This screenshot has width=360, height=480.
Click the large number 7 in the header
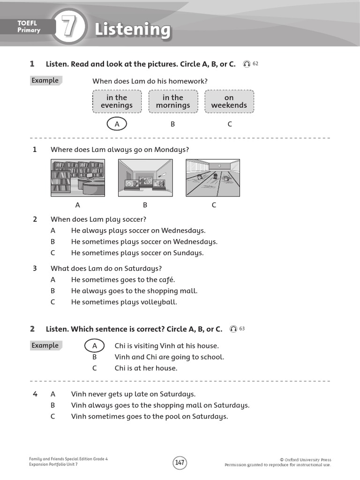(x=69, y=28)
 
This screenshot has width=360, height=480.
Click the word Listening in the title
(x=133, y=29)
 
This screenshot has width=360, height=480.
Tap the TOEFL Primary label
(x=29, y=27)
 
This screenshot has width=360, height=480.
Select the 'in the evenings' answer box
(x=117, y=101)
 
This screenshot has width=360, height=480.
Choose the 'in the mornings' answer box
(x=173, y=101)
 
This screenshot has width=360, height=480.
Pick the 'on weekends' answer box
(x=229, y=101)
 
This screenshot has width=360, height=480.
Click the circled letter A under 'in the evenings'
(x=116, y=124)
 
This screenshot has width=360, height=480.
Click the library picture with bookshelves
(x=78, y=178)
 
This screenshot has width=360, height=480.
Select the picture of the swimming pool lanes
(x=213, y=178)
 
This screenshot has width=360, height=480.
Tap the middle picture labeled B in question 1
(x=145, y=178)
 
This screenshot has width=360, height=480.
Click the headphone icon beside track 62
(x=247, y=64)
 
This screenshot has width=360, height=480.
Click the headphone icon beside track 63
(x=233, y=329)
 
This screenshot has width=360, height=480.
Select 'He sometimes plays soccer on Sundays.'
(x=137, y=253)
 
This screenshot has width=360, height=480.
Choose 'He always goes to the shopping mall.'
(x=134, y=291)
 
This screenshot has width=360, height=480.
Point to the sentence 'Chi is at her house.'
(x=146, y=368)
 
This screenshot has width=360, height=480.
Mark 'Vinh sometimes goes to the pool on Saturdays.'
(x=149, y=416)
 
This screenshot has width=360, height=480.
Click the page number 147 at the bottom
(x=180, y=463)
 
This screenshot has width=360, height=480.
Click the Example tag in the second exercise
(x=45, y=345)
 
